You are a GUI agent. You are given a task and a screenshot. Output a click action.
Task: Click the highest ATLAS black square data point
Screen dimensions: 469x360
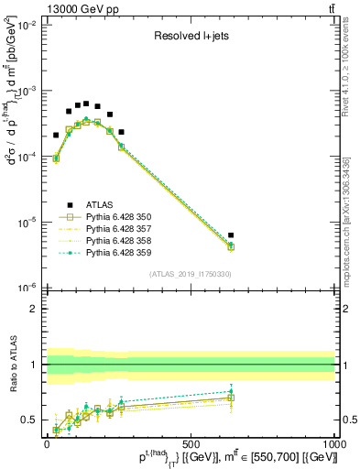point(86,104)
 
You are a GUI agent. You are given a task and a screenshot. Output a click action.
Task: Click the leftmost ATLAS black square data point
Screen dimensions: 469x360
point(56,135)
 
